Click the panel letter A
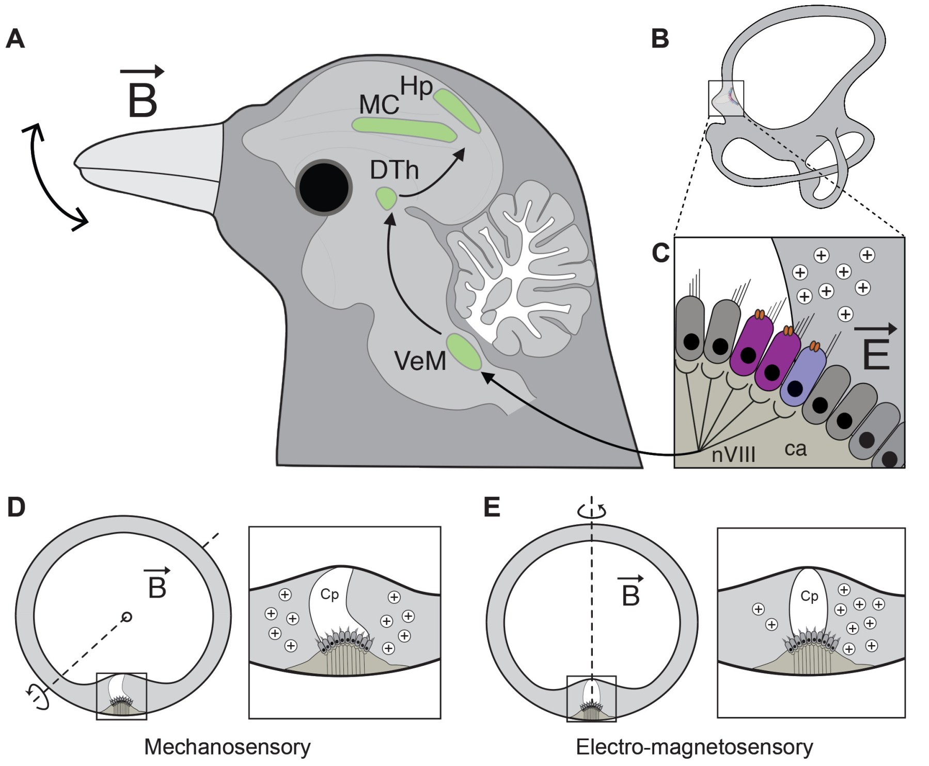15,39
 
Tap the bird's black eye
324,186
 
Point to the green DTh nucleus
386,198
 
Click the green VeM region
464,352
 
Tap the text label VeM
420,361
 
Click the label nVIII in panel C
733,455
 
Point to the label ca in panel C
795,449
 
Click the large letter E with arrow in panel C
876,349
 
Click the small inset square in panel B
726,99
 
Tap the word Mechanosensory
227,747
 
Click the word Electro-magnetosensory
694,747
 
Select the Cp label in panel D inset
329,595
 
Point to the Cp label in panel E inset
809,596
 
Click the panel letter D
17,508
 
